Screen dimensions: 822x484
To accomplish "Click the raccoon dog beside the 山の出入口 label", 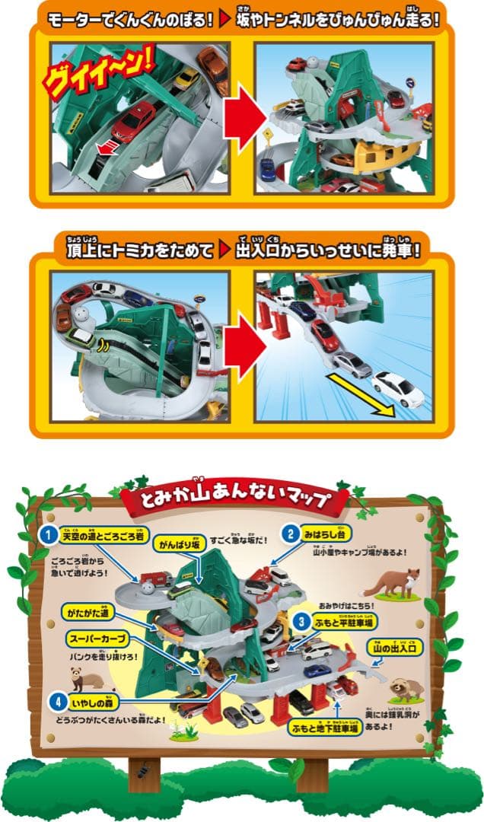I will [406, 684].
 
